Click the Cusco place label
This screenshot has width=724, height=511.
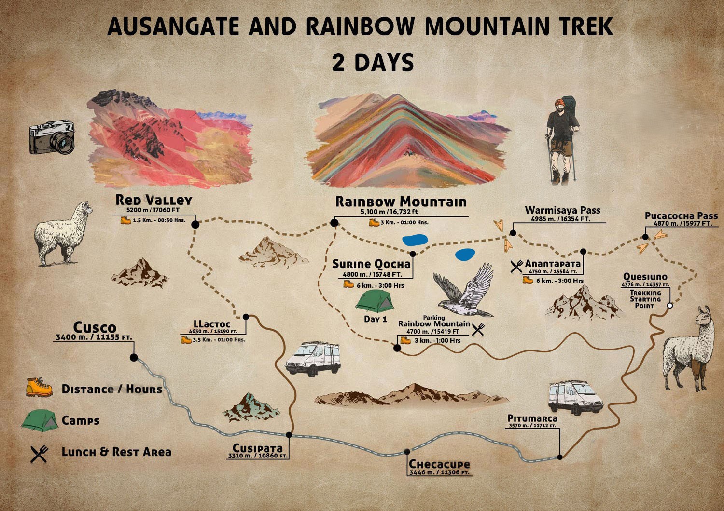[x=95, y=327]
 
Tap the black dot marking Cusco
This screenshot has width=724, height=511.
[x=134, y=358]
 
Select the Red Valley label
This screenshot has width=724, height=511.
[x=153, y=200]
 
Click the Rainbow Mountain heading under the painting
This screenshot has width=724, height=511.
[x=401, y=202]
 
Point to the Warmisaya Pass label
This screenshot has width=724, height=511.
[x=562, y=210]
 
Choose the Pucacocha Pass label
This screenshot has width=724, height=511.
[x=681, y=216]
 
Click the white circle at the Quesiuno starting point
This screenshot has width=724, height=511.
[x=669, y=306]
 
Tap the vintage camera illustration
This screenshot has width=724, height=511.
[x=52, y=137]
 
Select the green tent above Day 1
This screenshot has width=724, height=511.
[x=375, y=301]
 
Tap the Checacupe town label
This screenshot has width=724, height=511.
[x=439, y=464]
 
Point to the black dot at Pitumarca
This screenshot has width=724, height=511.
[x=560, y=457]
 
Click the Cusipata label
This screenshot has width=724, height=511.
[x=257, y=448]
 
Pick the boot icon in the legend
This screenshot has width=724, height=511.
[x=39, y=388]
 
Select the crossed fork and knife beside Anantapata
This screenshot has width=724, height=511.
[x=516, y=266]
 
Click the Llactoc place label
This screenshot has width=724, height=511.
[x=212, y=324]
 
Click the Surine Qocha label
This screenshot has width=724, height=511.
[x=371, y=264]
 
